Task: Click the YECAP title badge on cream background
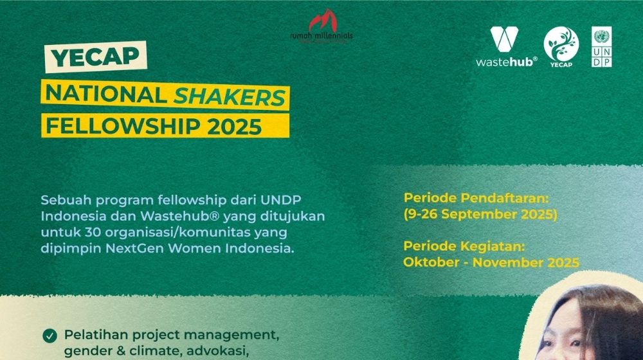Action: pos(96,57)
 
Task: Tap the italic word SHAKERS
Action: pos(230,97)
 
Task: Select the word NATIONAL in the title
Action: pos(106,94)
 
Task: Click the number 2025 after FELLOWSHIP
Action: pos(235,126)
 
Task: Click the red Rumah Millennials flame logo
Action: pos(323,21)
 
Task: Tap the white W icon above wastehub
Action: pos(504,39)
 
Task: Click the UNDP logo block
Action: pos(602,47)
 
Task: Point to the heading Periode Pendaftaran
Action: pos(476,198)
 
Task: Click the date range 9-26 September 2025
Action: pos(480,215)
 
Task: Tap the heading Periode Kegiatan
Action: pos(464,246)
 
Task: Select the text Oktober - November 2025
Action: pos(491,262)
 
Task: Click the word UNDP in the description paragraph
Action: pos(281,200)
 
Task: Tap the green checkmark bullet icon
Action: pos(50,336)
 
